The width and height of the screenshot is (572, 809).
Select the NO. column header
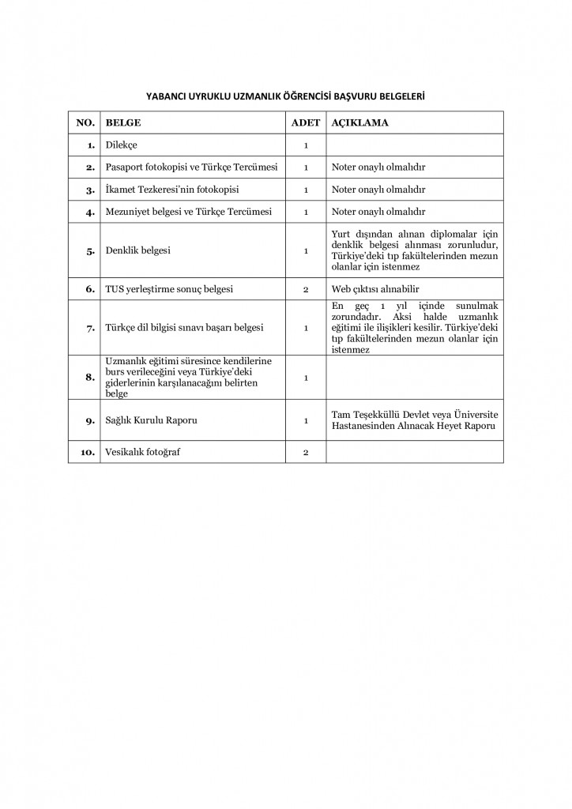(x=85, y=123)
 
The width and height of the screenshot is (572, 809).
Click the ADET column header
(x=305, y=123)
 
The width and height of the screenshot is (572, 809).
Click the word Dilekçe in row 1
(x=122, y=145)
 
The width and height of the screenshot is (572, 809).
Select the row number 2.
(x=90, y=168)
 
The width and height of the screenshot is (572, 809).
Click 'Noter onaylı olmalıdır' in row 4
(x=378, y=213)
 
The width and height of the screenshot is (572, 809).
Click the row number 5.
(x=90, y=251)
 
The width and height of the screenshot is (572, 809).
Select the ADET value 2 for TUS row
(x=305, y=290)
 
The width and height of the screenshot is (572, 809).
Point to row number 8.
(x=90, y=377)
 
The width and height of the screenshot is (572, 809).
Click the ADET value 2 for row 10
(x=305, y=453)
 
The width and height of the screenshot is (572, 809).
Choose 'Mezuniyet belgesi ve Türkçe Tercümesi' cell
(x=189, y=213)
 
